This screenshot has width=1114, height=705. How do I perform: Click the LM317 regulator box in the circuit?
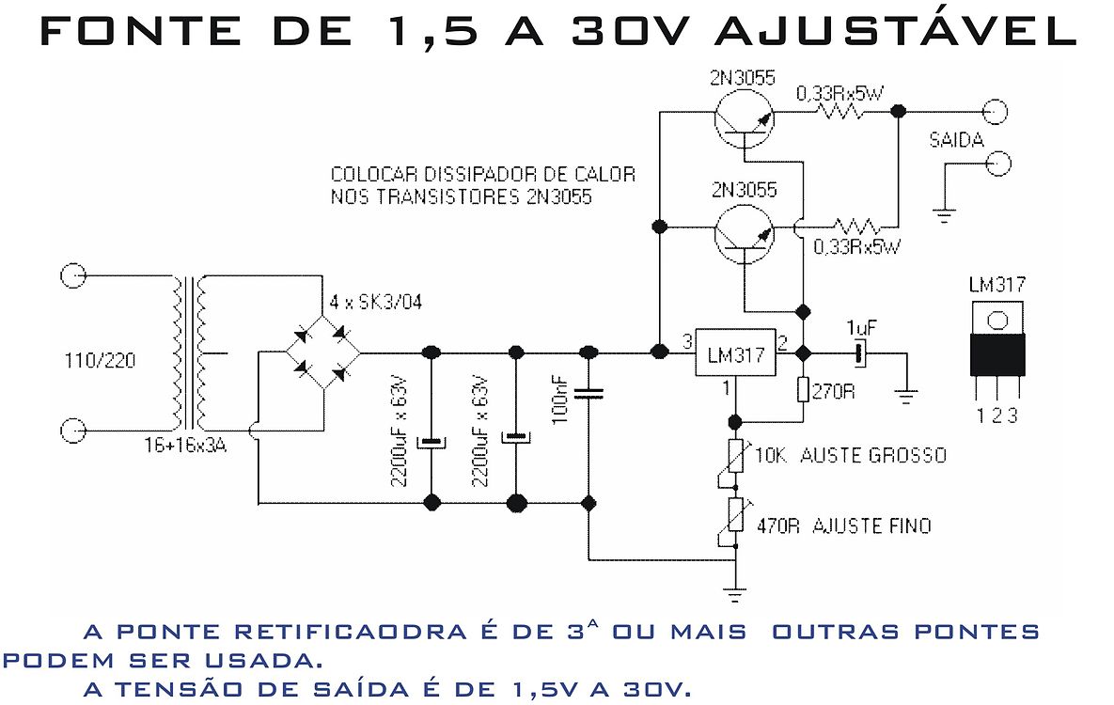point(734,352)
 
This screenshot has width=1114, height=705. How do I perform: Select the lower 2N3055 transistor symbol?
point(744,232)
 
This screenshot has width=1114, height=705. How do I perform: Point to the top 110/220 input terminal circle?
point(72,275)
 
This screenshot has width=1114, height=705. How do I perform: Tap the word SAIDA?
point(956,141)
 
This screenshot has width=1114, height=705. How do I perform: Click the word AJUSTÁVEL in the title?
point(895,31)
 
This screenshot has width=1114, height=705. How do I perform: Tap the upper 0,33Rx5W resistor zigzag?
point(843,112)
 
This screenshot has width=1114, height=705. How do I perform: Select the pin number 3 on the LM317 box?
point(687,340)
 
